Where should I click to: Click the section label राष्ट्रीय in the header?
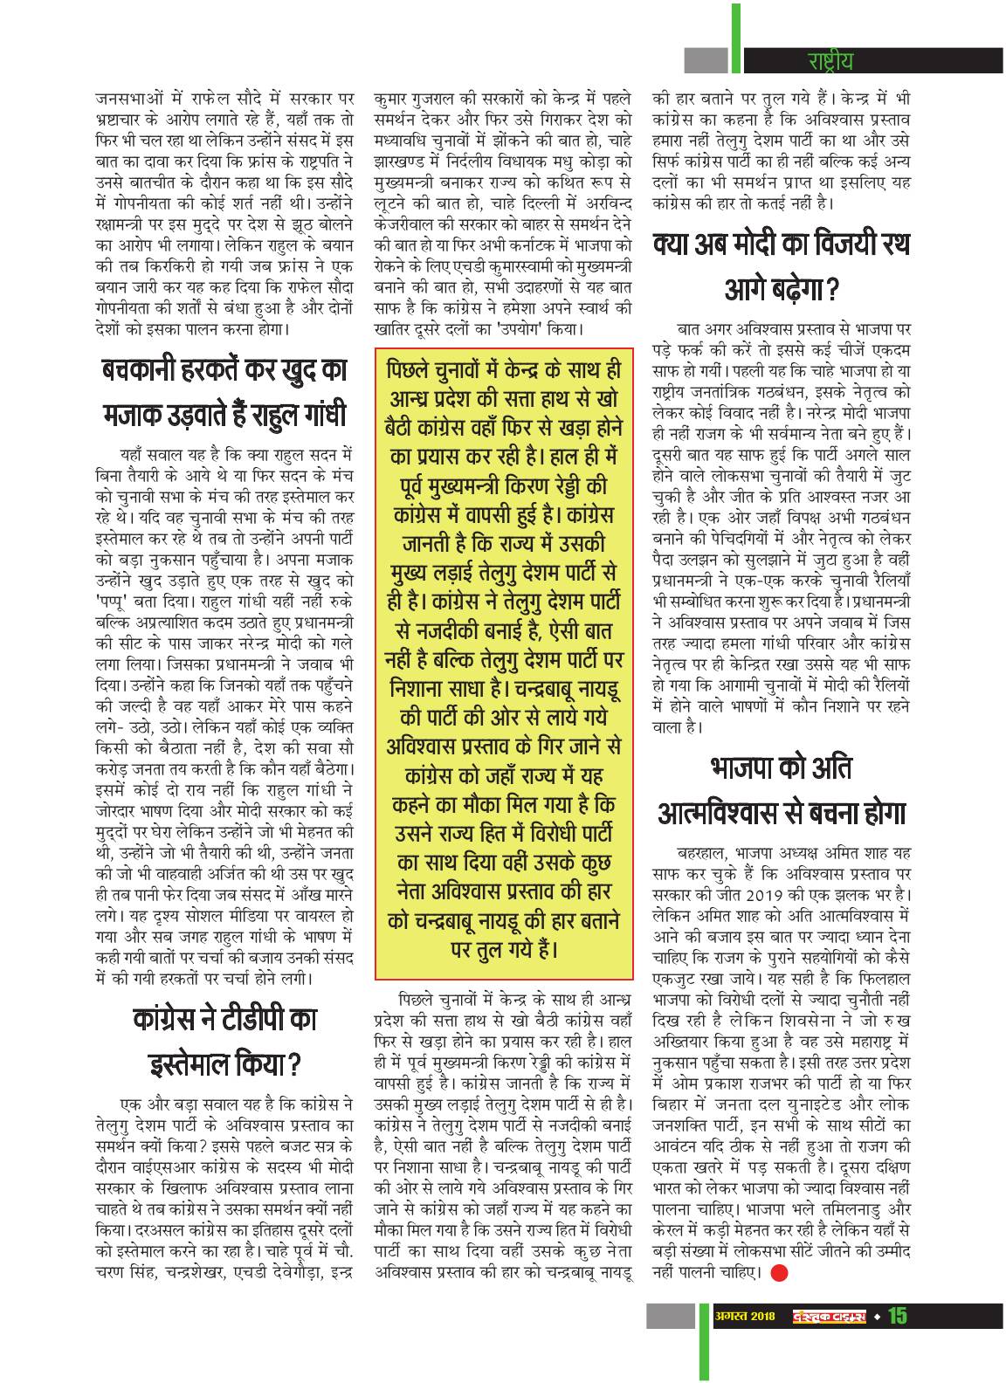click(829, 61)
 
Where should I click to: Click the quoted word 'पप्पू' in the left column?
click(114, 602)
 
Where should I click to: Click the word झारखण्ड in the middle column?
click(401, 163)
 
